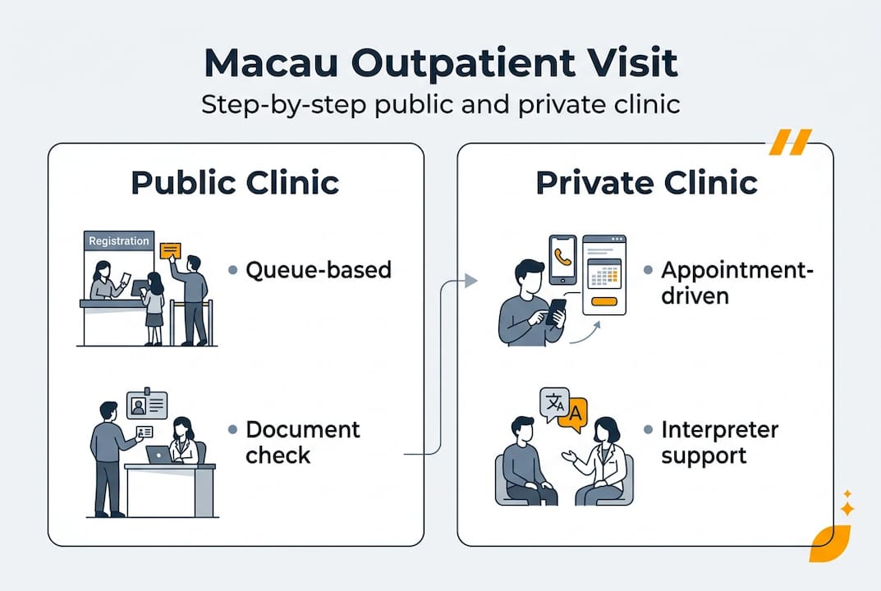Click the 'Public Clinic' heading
tap(235, 182)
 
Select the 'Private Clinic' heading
tap(646, 182)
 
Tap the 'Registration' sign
tap(119, 241)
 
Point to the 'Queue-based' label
tap(319, 269)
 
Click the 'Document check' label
tap(302, 442)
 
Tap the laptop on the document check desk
tap(158, 454)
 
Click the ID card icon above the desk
tap(147, 405)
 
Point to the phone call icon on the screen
tap(562, 255)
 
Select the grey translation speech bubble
tap(554, 403)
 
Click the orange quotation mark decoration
tap(789, 141)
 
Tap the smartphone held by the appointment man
tap(556, 310)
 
